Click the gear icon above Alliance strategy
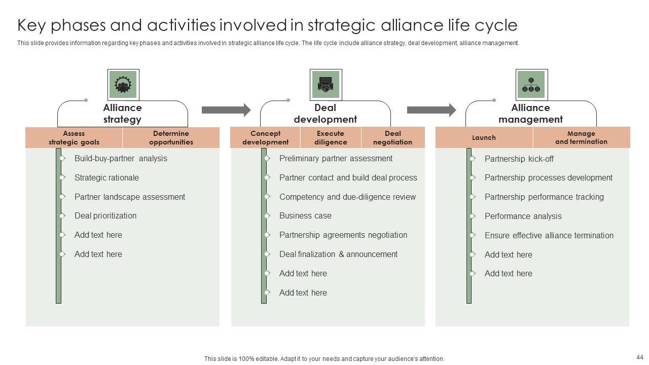point(123,85)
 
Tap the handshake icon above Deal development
point(326,85)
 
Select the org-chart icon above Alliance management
point(531,85)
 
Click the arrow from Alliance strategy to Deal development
point(226,110)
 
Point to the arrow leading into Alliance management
point(431,110)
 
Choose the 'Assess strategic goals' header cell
point(74,138)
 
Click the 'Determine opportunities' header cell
point(171,138)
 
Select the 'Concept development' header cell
point(265,138)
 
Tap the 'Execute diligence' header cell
point(331,138)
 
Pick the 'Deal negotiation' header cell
point(393,138)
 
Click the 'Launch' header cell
point(484,138)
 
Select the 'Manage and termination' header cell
point(581,138)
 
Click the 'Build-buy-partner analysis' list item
point(121,159)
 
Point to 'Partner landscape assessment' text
point(130,197)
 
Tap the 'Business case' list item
point(305,216)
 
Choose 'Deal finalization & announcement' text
point(338,254)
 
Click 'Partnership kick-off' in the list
point(519,159)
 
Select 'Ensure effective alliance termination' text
point(549,236)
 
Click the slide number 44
point(639,357)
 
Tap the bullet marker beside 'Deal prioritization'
point(62,216)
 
